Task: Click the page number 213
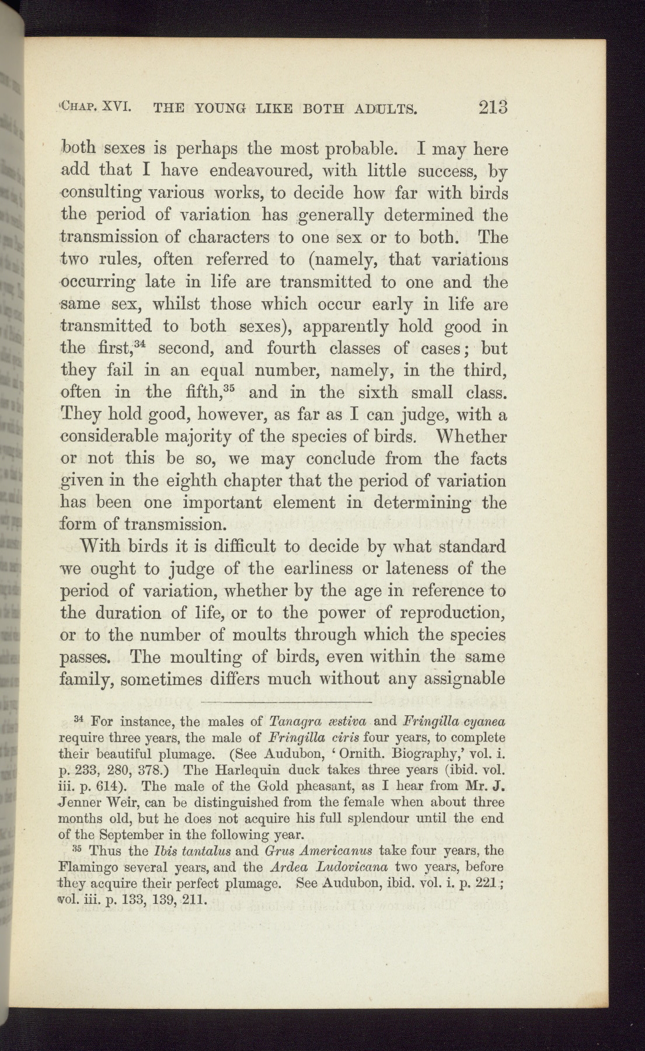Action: click(x=493, y=107)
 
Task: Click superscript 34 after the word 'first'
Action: click(x=142, y=343)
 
